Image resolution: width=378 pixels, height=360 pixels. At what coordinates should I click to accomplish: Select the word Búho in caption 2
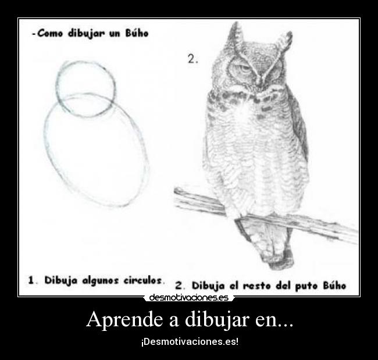coord(335,286)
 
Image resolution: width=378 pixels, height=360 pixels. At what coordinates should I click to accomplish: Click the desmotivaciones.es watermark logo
coord(188,298)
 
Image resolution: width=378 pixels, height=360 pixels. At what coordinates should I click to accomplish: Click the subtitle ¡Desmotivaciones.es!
coord(189,341)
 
